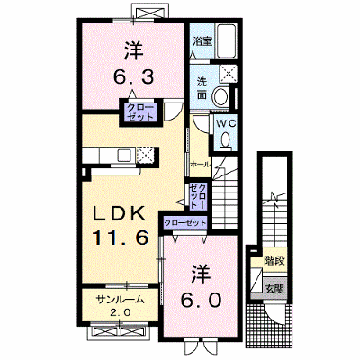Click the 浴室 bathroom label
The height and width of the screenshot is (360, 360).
(202, 41)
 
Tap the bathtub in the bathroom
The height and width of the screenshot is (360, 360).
(227, 41)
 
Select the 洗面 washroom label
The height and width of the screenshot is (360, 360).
(202, 88)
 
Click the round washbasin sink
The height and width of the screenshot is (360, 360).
(221, 96)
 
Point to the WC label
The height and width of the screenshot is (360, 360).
(227, 123)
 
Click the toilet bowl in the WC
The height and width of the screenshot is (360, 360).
(226, 140)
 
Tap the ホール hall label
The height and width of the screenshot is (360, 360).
(201, 165)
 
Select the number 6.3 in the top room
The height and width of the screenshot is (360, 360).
(133, 77)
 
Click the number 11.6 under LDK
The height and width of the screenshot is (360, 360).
(121, 238)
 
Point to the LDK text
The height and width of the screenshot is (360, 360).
(120, 214)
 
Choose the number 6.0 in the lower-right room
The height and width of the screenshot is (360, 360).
(201, 300)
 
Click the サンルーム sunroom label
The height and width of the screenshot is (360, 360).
(120, 299)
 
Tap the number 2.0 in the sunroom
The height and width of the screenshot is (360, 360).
(120, 312)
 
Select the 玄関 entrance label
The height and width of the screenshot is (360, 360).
(274, 289)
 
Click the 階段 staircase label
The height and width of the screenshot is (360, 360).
(274, 261)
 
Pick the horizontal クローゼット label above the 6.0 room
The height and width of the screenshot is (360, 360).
(185, 223)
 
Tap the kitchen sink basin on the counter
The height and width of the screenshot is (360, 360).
(123, 155)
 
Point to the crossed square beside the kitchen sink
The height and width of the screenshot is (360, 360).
(145, 155)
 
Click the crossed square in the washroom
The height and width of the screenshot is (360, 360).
(228, 74)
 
